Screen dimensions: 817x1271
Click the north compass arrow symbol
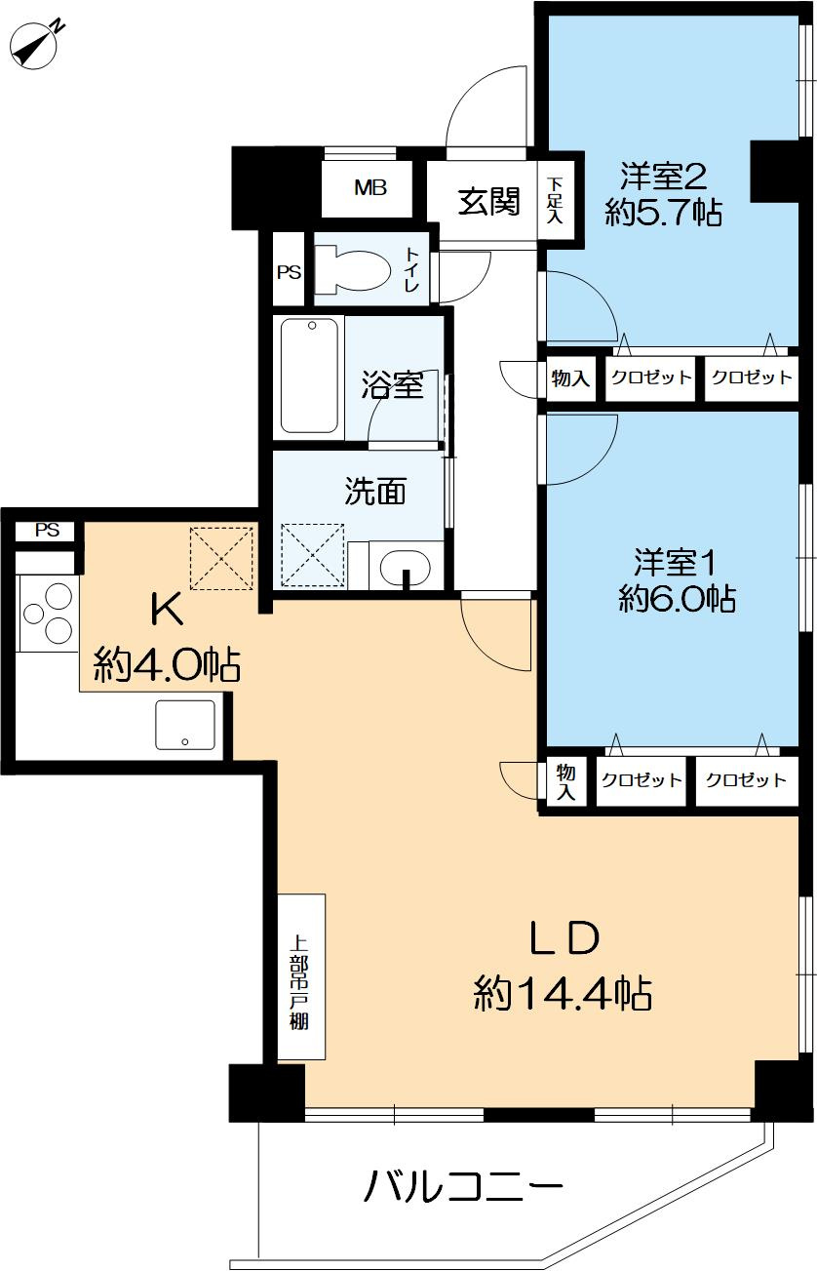35,47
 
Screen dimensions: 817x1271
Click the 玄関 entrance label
488,202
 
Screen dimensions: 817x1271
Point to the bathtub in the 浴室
309,377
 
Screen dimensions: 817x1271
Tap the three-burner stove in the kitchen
49,613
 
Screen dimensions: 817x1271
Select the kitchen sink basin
185,725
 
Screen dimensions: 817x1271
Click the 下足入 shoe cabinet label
555,200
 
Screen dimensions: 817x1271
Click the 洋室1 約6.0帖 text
677,579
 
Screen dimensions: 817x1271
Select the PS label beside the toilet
289,273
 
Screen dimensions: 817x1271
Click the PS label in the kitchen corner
47,530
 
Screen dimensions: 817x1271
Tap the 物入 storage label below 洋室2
570,377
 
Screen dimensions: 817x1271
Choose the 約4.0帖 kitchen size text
167,663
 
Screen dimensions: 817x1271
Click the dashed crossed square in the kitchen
221,558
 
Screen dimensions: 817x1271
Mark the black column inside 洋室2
774,171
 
